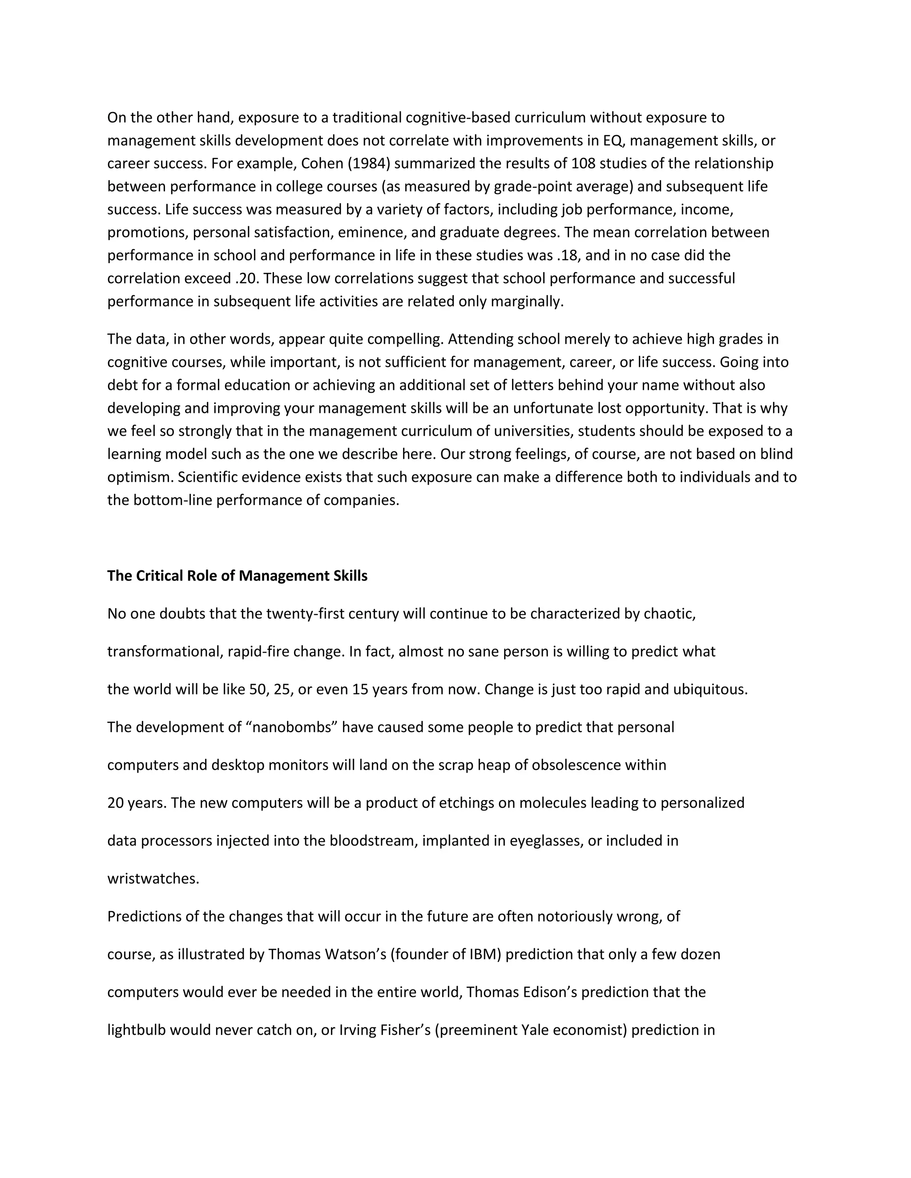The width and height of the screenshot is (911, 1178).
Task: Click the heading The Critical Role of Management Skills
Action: tap(237, 576)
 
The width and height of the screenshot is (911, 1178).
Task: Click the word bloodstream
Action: tap(374, 841)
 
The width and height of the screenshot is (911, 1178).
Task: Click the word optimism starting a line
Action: tap(140, 477)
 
